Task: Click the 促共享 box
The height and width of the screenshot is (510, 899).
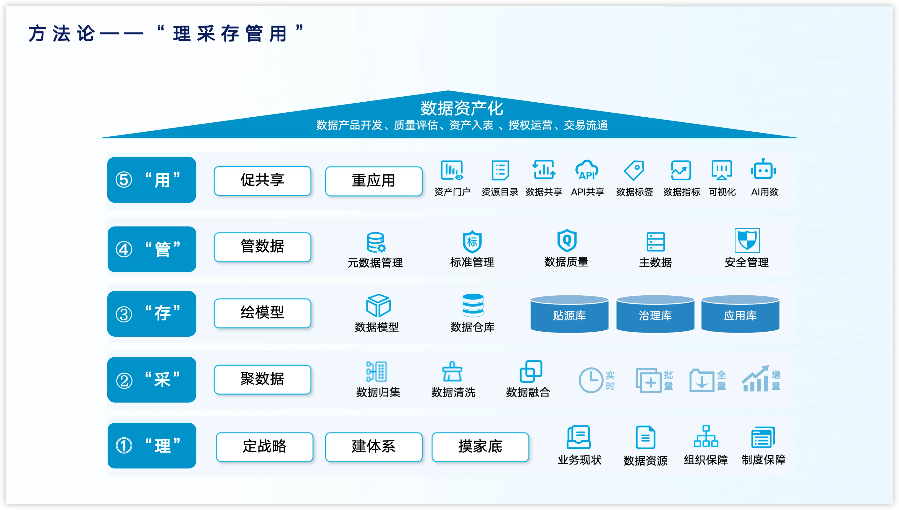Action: tap(262, 180)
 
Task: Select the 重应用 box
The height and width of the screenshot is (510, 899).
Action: tap(374, 181)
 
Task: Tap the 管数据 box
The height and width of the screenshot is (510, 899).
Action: tap(262, 247)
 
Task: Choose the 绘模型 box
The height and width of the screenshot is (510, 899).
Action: tap(262, 313)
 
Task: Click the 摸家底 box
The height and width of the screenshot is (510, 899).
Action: tap(480, 446)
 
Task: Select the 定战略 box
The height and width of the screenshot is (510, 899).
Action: tap(264, 446)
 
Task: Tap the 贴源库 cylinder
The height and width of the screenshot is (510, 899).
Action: tap(569, 314)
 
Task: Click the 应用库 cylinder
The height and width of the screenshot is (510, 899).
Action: tap(740, 314)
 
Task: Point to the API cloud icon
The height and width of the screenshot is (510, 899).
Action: tap(587, 170)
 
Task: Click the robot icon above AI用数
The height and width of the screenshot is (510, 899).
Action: tap(763, 170)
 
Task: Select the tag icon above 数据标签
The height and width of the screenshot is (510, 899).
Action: tap(634, 170)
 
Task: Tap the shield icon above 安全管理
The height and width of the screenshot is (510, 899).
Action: tap(747, 240)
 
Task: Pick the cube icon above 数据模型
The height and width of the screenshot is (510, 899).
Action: tap(378, 305)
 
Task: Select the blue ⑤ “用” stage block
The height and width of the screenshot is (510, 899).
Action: tap(152, 180)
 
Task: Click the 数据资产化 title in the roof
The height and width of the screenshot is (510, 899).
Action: tap(462, 108)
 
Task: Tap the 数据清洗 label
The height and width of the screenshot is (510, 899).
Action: tap(453, 392)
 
